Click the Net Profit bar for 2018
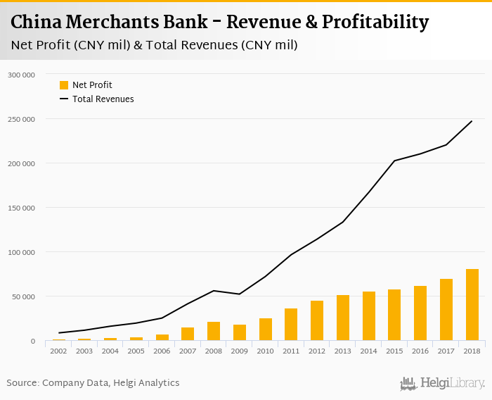pos(472,305)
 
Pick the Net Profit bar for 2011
pos(291,325)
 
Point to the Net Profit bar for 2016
pos(420,313)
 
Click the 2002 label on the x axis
pos(58,350)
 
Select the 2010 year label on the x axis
pos(265,350)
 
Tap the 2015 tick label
pos(394,350)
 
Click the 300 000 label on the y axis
pos(22,74)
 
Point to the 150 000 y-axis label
pos(22,208)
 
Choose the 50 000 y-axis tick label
pos(24,296)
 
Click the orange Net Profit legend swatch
pos(64,85)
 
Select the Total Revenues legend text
pos(103,99)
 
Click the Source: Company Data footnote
pos(93,383)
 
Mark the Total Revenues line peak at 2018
pos(472,121)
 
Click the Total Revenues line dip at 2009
pos(239,294)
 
